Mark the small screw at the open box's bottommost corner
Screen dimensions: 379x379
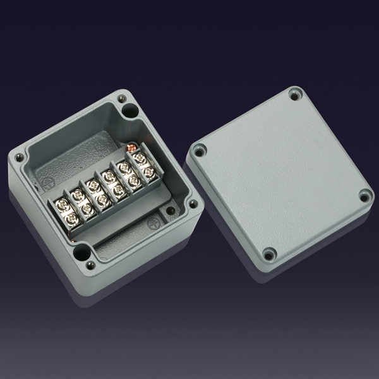point(92,263)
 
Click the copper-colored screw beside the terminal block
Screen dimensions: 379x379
point(133,147)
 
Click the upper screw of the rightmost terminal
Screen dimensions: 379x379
point(138,158)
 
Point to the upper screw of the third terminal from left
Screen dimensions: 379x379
point(93,186)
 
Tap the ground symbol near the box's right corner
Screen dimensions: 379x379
point(152,223)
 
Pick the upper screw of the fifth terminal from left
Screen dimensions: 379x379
point(123,167)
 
